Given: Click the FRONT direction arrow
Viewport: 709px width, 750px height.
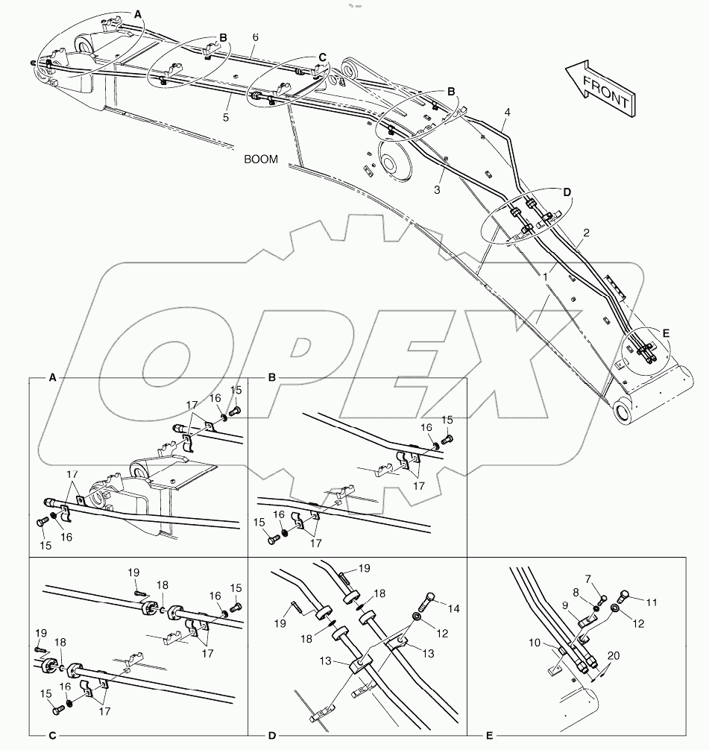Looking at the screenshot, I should point(599,87).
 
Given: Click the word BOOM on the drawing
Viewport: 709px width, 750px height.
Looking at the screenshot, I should point(260,159).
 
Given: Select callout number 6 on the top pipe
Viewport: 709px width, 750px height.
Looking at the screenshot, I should point(256,37).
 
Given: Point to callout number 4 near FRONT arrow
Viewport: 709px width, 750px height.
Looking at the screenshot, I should point(507,113).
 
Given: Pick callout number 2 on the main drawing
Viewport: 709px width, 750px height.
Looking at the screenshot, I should point(586,233).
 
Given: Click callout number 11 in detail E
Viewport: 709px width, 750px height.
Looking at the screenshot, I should point(652,602).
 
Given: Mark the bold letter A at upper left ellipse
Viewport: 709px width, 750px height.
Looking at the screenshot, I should point(139,13).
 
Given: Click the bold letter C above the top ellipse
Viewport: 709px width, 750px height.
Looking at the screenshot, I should point(322,57).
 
